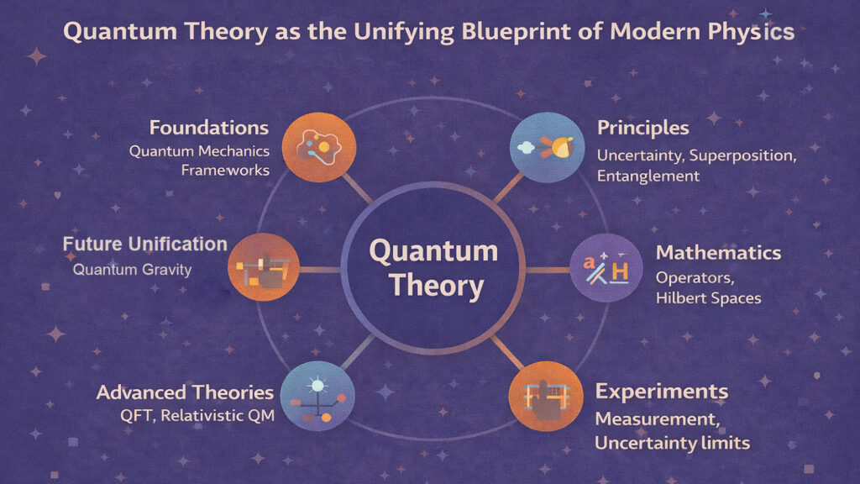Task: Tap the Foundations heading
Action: coord(209,129)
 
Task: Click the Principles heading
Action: coord(643,129)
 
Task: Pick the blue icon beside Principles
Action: coord(542,147)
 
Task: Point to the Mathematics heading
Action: coord(718,253)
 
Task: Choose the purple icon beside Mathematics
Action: coord(600,270)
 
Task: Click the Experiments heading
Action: coord(662,392)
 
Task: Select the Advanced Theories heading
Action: coord(185,392)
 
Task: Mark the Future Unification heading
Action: coord(145,245)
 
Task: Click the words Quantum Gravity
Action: coord(132,270)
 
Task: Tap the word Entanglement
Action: coord(648,176)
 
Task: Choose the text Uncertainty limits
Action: coord(673,443)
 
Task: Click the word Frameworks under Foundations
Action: coord(225,170)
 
